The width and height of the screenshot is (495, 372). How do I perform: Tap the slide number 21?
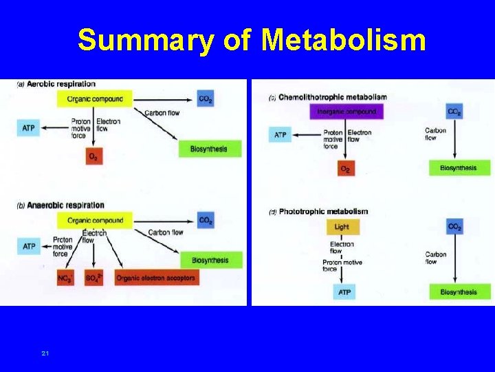(45, 353)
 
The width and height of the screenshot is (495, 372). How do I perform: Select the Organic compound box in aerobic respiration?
(95, 99)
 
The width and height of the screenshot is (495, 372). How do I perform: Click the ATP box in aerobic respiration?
(29, 127)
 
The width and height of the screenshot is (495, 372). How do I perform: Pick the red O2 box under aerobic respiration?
(93, 157)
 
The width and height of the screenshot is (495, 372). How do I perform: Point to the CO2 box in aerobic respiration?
(205, 99)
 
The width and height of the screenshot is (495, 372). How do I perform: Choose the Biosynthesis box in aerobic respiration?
(210, 149)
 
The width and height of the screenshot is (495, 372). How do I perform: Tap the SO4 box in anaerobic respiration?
(93, 278)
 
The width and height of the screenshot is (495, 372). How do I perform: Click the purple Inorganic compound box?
(346, 112)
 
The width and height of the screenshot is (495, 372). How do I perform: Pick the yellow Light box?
(342, 227)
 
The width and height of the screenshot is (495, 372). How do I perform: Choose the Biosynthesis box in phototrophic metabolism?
(459, 292)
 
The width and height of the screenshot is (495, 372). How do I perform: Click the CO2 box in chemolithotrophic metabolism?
(454, 112)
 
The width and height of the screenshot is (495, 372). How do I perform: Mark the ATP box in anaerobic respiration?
(29, 246)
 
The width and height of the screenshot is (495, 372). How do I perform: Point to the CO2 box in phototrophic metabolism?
(454, 227)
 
